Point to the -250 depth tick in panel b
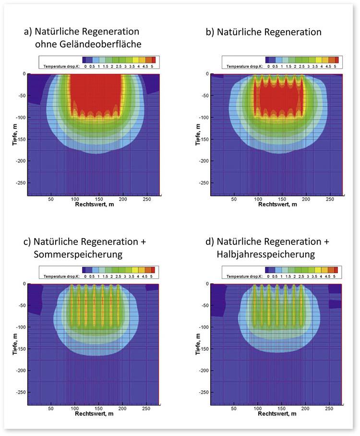point(202,183)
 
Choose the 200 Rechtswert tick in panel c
point(123,409)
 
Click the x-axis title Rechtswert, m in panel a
point(94,205)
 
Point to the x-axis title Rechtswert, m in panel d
point(277,414)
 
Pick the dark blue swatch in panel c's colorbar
point(85,269)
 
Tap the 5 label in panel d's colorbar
point(335,276)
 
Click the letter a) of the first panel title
point(28,33)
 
